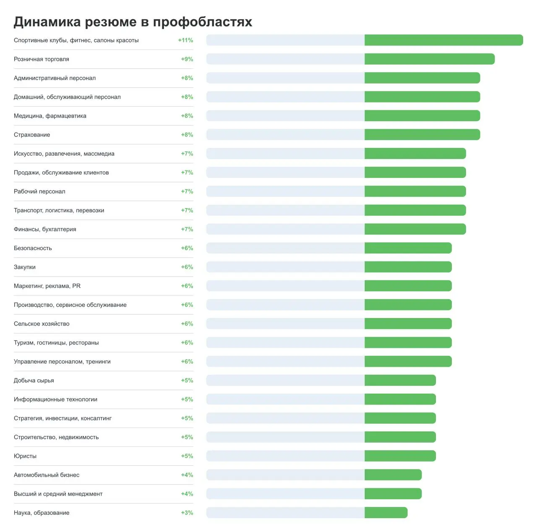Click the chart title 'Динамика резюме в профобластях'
click(133, 22)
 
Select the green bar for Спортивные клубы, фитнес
click(443, 40)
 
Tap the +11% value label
click(185, 40)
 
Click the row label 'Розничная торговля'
click(42, 59)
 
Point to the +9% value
click(187, 59)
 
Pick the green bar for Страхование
click(422, 135)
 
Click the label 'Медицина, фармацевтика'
click(50, 116)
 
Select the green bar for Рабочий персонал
click(415, 191)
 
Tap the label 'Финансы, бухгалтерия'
click(45, 229)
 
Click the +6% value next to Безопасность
click(187, 248)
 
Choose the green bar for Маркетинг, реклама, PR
click(408, 286)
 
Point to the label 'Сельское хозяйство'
click(42, 323)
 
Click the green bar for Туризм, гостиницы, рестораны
click(408, 342)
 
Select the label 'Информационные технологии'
click(55, 399)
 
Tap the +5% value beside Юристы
click(187, 456)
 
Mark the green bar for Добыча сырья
click(400, 381)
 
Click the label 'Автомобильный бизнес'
click(47, 475)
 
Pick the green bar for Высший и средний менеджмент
click(393, 494)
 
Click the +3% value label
click(187, 513)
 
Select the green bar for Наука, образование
click(386, 513)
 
